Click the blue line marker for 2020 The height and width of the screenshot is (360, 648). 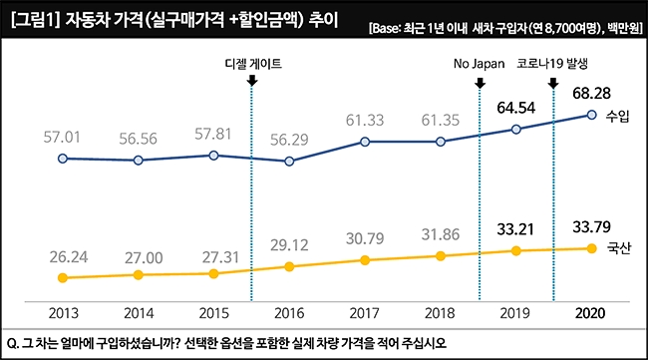point(592,116)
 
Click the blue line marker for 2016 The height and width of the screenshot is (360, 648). point(289,161)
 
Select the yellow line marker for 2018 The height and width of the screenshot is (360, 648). point(441,256)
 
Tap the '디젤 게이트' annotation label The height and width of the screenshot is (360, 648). point(251,63)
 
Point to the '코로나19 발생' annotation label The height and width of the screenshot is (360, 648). point(554,63)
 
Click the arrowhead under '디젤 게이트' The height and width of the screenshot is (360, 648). point(251,80)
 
